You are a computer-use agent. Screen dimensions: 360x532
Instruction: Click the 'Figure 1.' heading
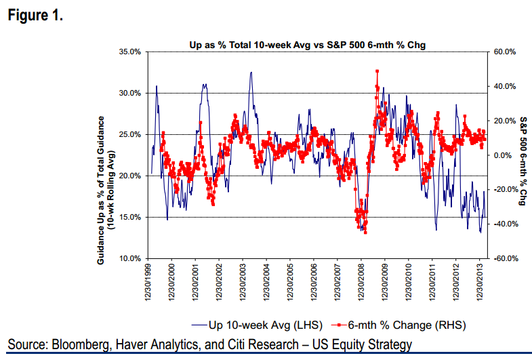tap(35, 16)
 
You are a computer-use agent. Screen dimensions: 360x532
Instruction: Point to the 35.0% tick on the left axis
tap(129, 52)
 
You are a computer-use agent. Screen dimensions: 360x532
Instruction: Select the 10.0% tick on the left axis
tap(129, 259)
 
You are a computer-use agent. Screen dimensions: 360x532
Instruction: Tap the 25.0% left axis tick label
tap(129, 134)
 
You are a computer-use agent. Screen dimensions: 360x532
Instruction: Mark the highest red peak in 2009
tap(377, 71)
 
